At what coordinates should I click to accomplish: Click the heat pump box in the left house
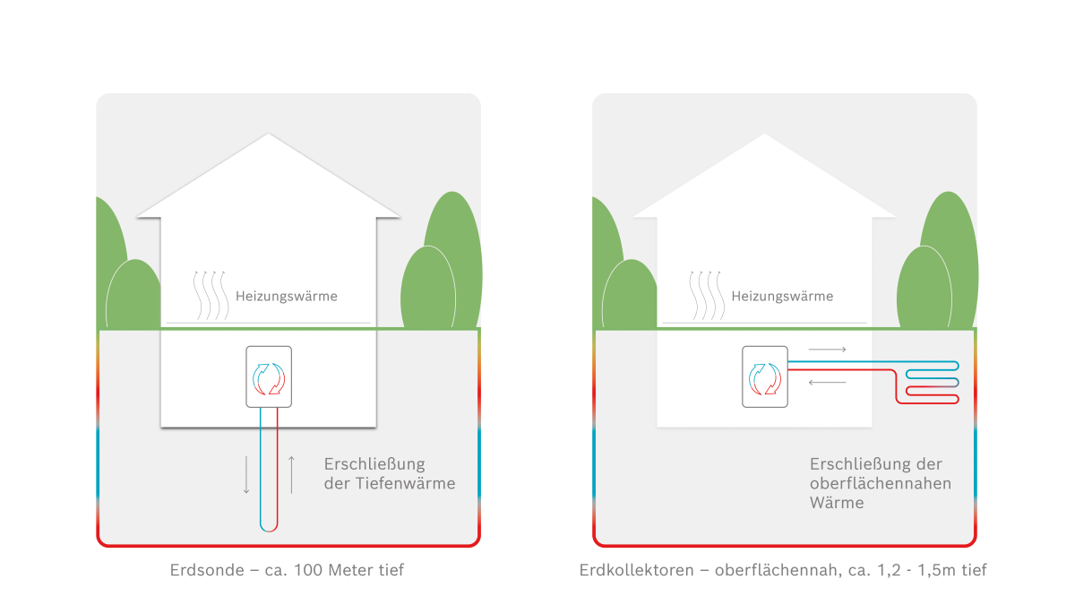tap(269, 377)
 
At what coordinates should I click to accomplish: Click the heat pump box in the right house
tap(765, 377)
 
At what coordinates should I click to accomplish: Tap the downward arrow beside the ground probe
tap(246, 475)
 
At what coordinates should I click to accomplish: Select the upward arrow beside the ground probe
tap(291, 475)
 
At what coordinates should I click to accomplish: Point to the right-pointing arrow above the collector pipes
tap(827, 350)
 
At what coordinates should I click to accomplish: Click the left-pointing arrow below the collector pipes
tap(827, 383)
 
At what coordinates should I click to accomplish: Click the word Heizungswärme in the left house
tap(287, 297)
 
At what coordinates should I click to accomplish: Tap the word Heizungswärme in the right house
tap(782, 297)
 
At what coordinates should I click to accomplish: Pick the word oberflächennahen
tap(881, 483)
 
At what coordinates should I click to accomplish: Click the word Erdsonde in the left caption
tap(207, 570)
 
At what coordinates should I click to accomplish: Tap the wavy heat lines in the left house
tap(211, 296)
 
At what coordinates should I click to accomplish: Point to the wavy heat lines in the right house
tap(707, 296)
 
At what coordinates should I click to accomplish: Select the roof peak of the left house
tap(268, 134)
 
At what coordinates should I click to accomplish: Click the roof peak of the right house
tap(764, 134)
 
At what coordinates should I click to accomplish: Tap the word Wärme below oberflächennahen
tap(837, 503)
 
